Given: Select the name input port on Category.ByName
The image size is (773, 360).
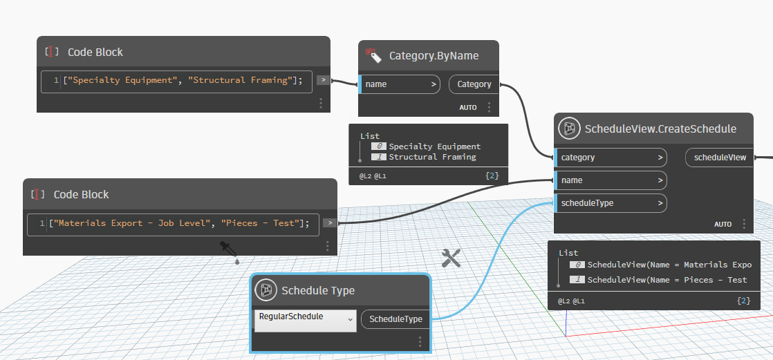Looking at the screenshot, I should point(400,84).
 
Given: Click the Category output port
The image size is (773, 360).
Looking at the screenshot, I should point(474,84).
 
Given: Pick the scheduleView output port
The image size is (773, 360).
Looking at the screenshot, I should point(719,158).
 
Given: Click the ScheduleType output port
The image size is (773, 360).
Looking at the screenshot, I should point(395,319).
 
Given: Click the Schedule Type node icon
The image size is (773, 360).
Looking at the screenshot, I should point(266,290).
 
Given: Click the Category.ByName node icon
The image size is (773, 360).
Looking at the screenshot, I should point(374,55).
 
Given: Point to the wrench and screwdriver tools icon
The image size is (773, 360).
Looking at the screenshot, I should point(451,258).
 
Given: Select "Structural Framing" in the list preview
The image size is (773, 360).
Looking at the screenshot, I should point(432,157).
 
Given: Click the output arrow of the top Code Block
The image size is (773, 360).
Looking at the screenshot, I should point(323,80).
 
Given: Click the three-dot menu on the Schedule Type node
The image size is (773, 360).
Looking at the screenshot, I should point(420,341).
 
